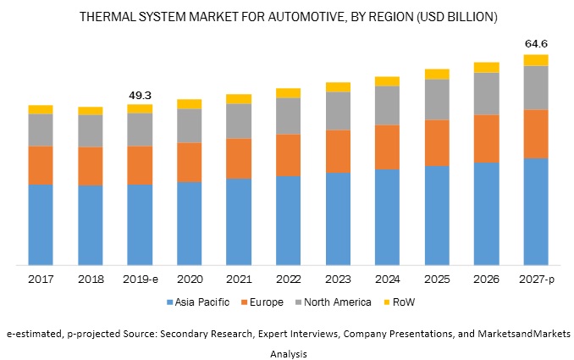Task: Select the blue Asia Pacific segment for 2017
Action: [41, 224]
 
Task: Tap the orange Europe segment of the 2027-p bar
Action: [535, 134]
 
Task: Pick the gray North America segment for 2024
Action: [387, 105]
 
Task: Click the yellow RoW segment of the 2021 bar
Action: [239, 99]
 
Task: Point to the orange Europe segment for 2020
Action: [189, 162]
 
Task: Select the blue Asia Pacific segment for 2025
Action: [436, 215]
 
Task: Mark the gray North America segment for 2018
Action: [91, 130]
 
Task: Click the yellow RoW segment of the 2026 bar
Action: [486, 67]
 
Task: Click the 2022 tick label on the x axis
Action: [288, 279]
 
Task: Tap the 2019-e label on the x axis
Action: [140, 279]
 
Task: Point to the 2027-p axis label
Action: [535, 279]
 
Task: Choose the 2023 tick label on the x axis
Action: [338, 279]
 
